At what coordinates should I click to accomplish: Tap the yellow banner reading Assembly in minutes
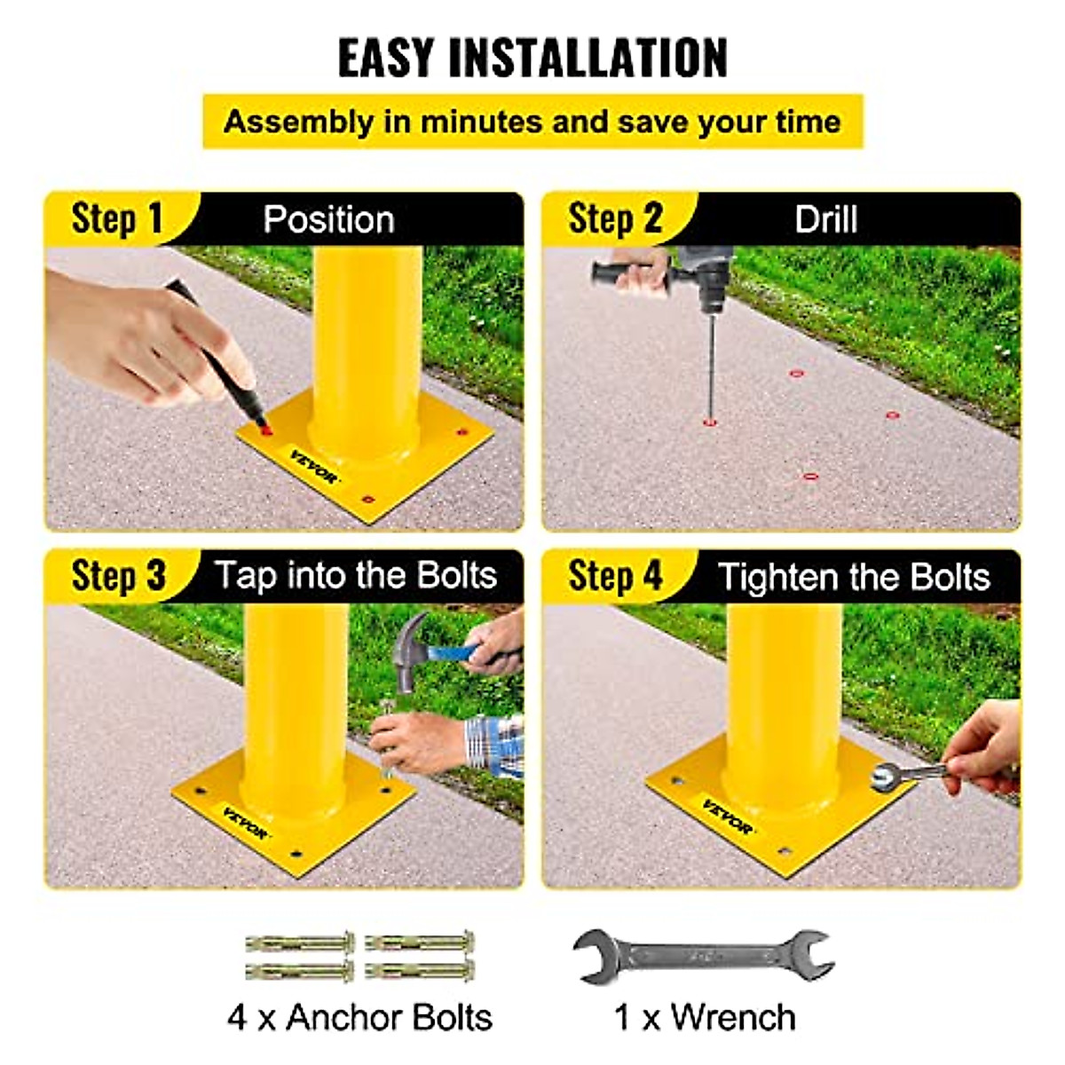(x=532, y=122)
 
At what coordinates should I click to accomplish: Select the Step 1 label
(x=117, y=218)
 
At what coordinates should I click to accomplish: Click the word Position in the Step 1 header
(x=328, y=219)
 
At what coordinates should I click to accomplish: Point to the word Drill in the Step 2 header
(x=825, y=219)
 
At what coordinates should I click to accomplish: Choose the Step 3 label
(x=118, y=576)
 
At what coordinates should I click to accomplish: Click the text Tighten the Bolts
(x=854, y=577)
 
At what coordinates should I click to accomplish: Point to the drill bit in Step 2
(x=710, y=364)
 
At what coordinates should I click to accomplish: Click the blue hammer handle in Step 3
(x=453, y=654)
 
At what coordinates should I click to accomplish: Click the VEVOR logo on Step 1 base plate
(x=313, y=467)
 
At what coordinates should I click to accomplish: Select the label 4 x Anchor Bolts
(x=359, y=1017)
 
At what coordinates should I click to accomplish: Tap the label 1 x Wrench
(x=705, y=1017)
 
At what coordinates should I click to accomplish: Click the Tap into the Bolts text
(x=355, y=576)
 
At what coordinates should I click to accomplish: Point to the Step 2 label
(x=615, y=218)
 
